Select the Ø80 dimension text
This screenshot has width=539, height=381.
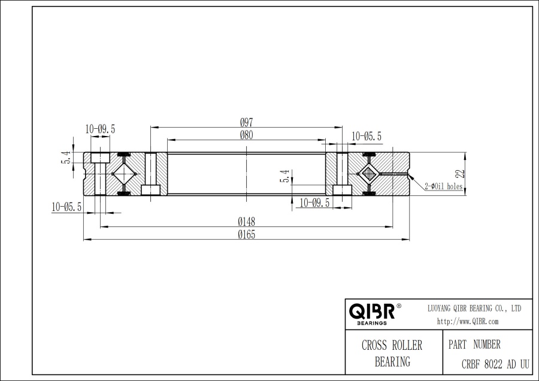(x=246, y=135)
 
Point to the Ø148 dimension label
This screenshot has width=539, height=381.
(x=246, y=221)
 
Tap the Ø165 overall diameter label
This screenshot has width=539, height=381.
(x=246, y=234)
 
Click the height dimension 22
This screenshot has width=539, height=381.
(x=459, y=173)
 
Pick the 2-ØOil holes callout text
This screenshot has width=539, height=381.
(x=443, y=186)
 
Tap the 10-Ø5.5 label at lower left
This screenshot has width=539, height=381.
(x=67, y=206)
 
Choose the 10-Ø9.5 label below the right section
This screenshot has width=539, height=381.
(x=314, y=202)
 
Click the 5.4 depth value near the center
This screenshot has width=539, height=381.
(x=285, y=176)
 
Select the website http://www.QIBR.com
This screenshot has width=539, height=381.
(x=468, y=322)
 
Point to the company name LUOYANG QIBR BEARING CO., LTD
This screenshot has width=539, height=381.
(x=474, y=308)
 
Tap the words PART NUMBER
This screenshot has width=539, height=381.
(x=474, y=345)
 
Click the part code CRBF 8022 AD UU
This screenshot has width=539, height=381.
(x=495, y=363)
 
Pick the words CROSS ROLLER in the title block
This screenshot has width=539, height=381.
(x=392, y=346)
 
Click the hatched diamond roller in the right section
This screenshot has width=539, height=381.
(x=367, y=174)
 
